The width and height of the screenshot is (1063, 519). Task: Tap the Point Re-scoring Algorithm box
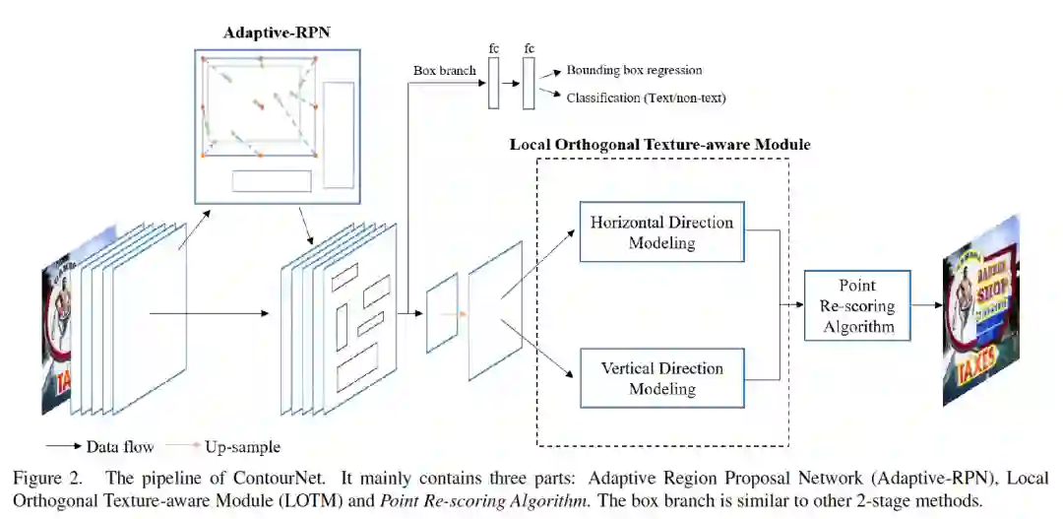coord(857,305)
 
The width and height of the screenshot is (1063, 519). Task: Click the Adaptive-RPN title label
coord(277,32)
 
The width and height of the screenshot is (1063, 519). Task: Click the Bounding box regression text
coord(634,70)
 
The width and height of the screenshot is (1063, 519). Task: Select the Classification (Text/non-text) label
coord(646,98)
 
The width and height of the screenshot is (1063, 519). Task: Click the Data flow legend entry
coord(99,446)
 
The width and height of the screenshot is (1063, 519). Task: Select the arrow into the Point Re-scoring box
coord(791,305)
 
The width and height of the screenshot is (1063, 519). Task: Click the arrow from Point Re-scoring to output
coord(926,305)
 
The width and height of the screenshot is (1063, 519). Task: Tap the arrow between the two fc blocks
coord(511,84)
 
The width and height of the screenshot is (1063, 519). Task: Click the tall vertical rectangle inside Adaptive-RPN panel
coord(339,134)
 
